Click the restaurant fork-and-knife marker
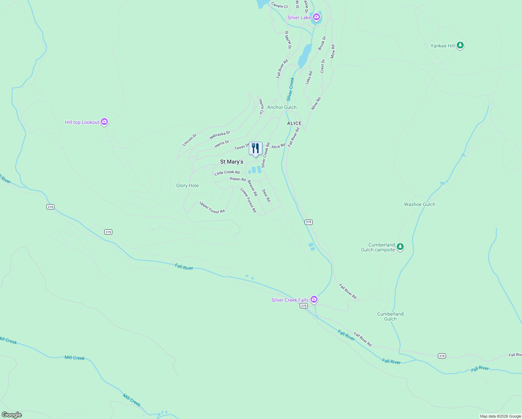255,148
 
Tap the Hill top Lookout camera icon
104,122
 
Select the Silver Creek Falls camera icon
314,299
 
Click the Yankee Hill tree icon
460,45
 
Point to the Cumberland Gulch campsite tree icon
400,247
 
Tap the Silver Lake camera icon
316,17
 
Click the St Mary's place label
232,162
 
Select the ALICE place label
294,123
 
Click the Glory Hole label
187,185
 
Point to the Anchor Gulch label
282,107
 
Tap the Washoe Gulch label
419,204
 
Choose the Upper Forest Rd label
212,207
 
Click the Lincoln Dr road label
189,140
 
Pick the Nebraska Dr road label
220,135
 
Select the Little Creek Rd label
227,172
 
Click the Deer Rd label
266,196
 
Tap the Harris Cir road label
261,107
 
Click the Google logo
12,415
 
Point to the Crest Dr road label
323,66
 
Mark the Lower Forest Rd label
248,200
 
